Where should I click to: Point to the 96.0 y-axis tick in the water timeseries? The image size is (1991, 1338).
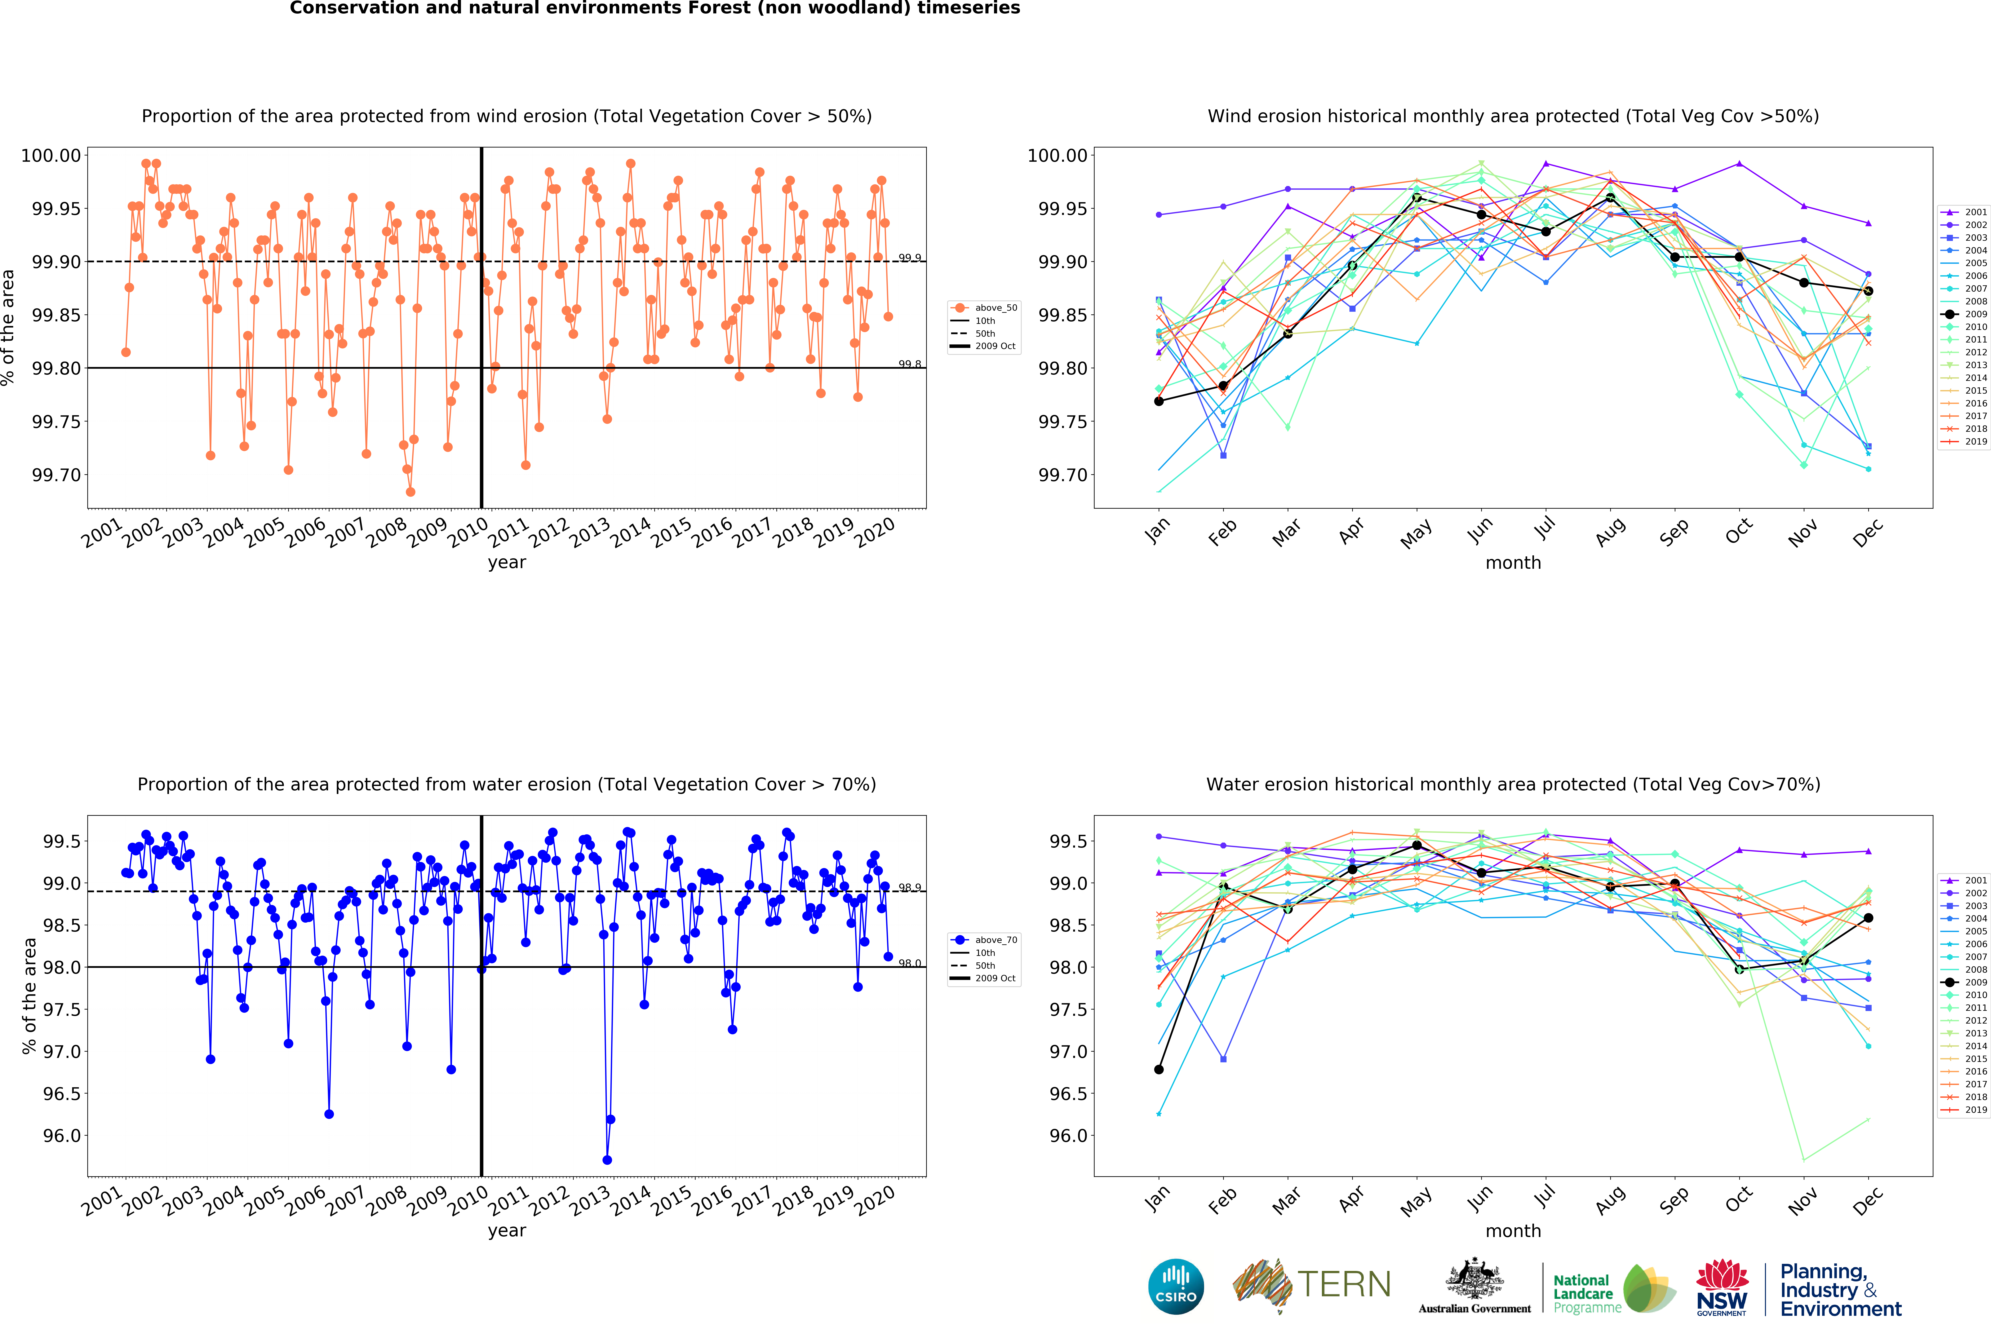[x=61, y=1136]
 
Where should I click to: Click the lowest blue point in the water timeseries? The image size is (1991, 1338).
[x=607, y=1160]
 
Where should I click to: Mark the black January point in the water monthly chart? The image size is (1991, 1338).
[x=1158, y=1069]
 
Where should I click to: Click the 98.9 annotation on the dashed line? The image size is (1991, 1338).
[x=909, y=887]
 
